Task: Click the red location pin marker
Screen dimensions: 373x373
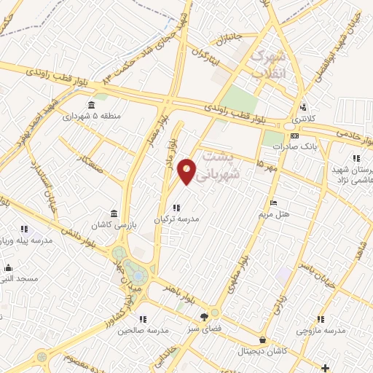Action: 187,171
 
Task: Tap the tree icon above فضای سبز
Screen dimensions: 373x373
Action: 205,316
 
